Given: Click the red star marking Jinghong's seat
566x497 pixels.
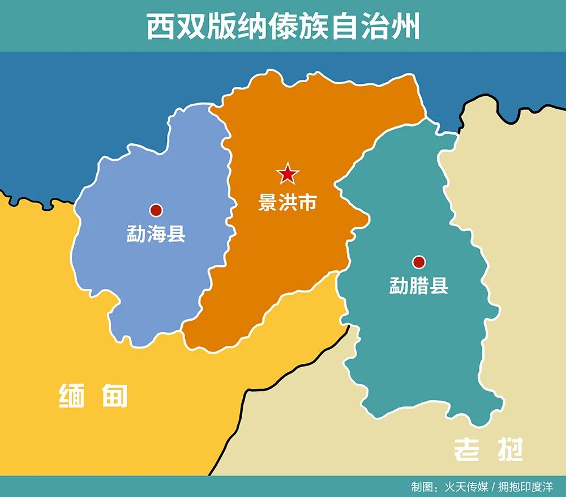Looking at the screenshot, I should click(x=288, y=175).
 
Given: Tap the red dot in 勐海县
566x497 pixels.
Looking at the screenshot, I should click(x=156, y=210).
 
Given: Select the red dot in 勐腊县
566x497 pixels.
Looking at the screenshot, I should click(x=418, y=262).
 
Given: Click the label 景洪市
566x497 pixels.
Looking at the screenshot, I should click(x=288, y=202).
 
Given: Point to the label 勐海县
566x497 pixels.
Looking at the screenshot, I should click(x=156, y=233).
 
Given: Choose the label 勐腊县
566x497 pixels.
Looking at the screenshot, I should click(x=418, y=285).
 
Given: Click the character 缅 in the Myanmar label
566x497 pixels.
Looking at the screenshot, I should click(x=72, y=396).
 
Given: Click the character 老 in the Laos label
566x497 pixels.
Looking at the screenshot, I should click(x=468, y=449).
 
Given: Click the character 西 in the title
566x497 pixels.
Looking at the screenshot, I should click(x=159, y=26).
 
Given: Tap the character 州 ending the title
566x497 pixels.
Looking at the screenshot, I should click(x=406, y=26).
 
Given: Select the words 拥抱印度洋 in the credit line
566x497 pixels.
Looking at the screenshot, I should click(x=526, y=487).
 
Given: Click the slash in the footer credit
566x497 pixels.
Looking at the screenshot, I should click(x=494, y=487).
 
